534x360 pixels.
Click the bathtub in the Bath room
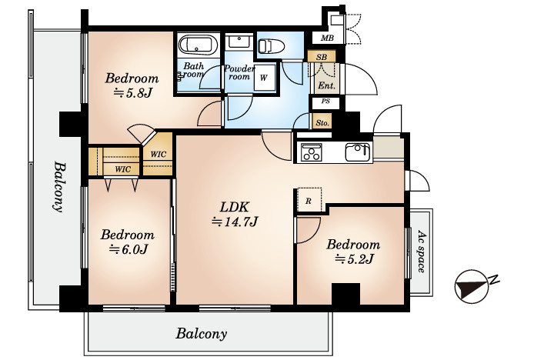pyautogui.click(x=199, y=45)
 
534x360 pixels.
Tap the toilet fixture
pyautogui.click(x=271, y=46)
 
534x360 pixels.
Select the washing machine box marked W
pyautogui.click(x=265, y=78)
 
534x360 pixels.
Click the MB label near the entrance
pyautogui.click(x=327, y=38)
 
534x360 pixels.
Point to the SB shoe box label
pyautogui.click(x=322, y=57)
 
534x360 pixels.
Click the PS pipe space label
pyautogui.click(x=325, y=102)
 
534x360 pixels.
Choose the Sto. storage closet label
pyautogui.click(x=322, y=122)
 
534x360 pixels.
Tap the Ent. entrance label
pyautogui.click(x=326, y=85)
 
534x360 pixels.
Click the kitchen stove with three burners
pyautogui.click(x=312, y=152)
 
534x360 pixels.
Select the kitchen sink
pyautogui.click(x=358, y=152)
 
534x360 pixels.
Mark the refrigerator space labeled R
pyautogui.click(x=309, y=200)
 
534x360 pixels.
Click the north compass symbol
pyautogui.click(x=472, y=286)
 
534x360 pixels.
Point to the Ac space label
pyautogui.click(x=421, y=252)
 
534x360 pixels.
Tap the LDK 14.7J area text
pyautogui.click(x=235, y=214)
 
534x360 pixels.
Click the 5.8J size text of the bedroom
pyautogui.click(x=132, y=92)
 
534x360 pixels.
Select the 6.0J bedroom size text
pyautogui.click(x=128, y=250)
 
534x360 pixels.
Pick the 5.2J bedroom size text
pyautogui.click(x=354, y=259)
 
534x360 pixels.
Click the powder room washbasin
pyautogui.click(x=239, y=42)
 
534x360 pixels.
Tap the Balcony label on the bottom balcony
pyautogui.click(x=202, y=334)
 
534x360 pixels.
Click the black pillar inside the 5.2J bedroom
pyautogui.click(x=345, y=294)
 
